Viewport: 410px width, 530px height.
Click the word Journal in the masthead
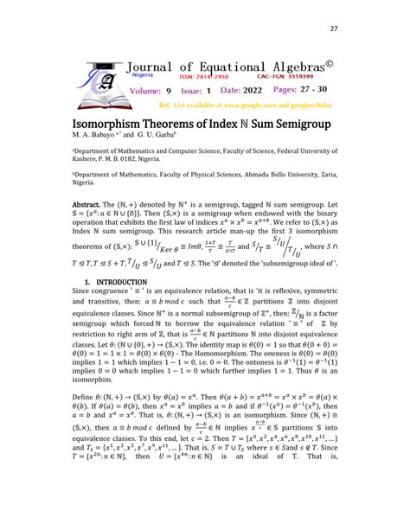tap(156, 66)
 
